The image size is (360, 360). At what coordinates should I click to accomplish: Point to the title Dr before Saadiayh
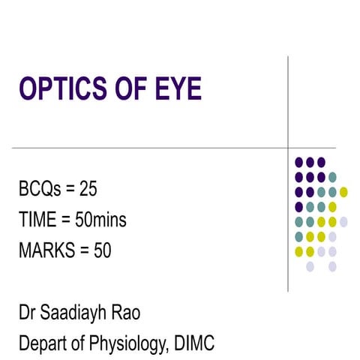pos(26,313)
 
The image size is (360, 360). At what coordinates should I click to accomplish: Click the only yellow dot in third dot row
pos(343,191)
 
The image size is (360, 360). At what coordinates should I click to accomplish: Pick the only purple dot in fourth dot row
pos(298,206)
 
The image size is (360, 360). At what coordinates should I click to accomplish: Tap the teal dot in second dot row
pos(332,177)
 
